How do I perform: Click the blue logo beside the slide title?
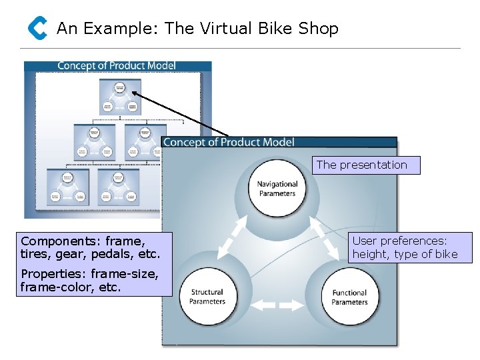pyautogui.click(x=37, y=28)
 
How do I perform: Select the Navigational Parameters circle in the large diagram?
pyautogui.click(x=277, y=189)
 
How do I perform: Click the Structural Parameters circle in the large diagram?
pyautogui.click(x=207, y=297)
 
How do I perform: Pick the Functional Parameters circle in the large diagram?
pyautogui.click(x=349, y=297)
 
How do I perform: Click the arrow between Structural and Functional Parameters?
pyautogui.click(x=277, y=306)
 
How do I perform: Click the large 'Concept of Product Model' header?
pyautogui.click(x=229, y=142)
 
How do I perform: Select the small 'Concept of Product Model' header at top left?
pyautogui.click(x=117, y=65)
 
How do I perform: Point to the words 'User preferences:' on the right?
pyautogui.click(x=399, y=241)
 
